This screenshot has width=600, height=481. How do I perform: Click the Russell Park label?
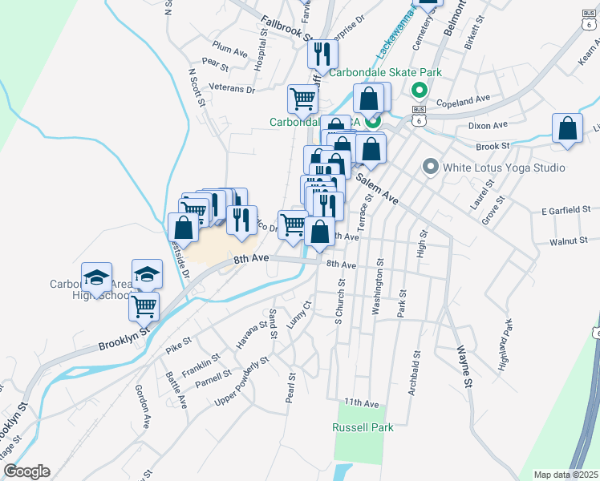click(363, 427)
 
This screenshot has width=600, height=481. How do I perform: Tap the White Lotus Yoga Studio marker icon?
click(430, 168)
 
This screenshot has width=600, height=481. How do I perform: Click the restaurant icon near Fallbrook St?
click(323, 54)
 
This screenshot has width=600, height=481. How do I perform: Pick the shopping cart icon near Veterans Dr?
click(303, 99)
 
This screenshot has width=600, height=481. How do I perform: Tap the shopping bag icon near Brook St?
click(567, 128)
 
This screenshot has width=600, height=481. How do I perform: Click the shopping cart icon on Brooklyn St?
click(144, 305)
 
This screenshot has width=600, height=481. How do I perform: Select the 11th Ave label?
click(360, 402)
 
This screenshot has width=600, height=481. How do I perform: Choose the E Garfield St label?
click(565, 210)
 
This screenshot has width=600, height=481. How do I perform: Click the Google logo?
click(27, 471)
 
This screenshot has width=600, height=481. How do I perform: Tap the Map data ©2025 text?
click(566, 475)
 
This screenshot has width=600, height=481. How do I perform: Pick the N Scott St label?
click(197, 87)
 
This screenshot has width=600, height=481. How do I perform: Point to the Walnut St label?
click(569, 240)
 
